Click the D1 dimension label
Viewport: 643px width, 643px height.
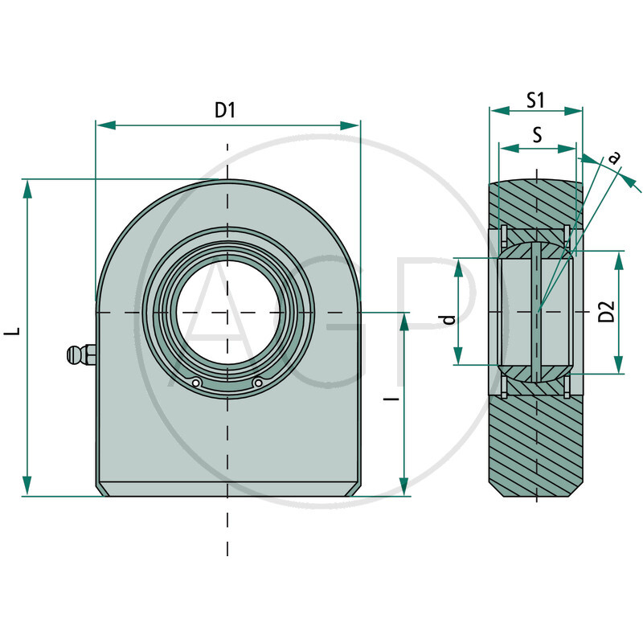pos(225,111)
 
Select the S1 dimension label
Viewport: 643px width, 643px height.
pos(536,100)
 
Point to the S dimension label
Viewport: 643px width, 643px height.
pos(537,134)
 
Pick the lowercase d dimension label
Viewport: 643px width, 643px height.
pos(449,319)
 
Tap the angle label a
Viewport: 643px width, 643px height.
pos(615,158)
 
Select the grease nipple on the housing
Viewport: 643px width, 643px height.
pos(80,354)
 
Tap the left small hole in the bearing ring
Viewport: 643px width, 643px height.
pos(195,383)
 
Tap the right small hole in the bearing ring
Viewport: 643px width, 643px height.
pos(257,383)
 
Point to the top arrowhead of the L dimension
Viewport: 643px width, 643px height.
pos(28,188)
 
